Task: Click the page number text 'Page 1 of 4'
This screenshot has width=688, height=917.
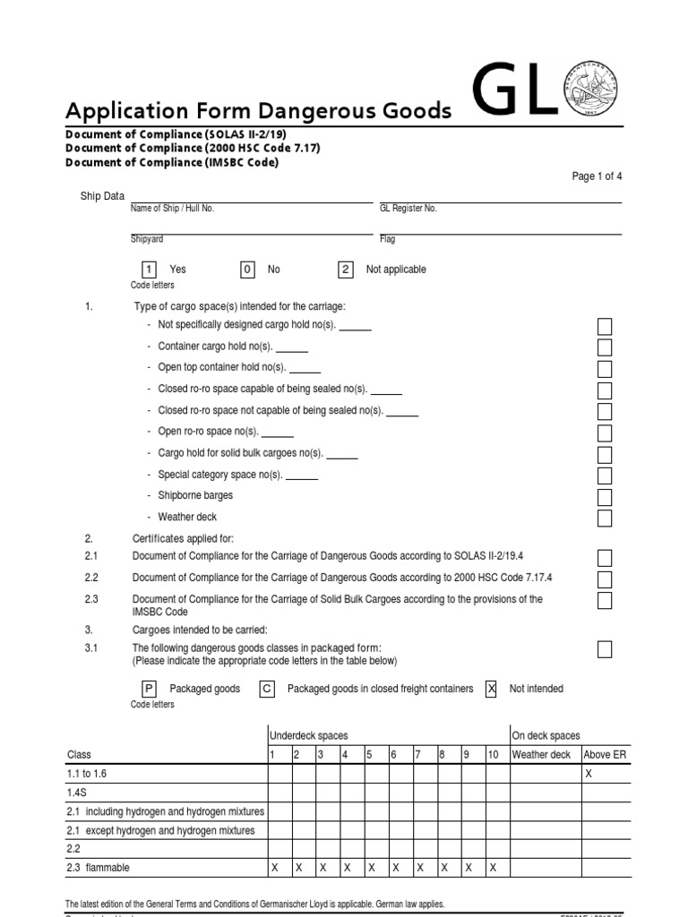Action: (x=597, y=176)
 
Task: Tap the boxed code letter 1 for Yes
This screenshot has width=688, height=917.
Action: (x=149, y=270)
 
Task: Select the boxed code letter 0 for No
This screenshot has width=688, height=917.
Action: (x=247, y=270)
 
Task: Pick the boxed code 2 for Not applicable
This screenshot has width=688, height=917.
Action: (x=346, y=270)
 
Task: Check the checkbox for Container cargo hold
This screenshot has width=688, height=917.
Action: (x=605, y=347)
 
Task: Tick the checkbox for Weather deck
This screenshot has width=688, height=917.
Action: (x=605, y=518)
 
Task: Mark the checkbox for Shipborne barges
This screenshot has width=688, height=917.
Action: (x=605, y=497)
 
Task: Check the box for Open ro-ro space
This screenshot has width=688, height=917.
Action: (x=605, y=433)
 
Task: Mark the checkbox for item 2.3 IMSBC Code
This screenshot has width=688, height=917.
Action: (x=605, y=600)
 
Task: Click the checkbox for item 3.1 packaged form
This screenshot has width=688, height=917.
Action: (x=605, y=649)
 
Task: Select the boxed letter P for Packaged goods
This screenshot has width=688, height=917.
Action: (x=149, y=689)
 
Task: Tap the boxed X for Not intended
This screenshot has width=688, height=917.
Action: (x=491, y=689)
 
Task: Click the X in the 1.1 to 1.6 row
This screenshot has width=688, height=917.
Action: (x=589, y=773)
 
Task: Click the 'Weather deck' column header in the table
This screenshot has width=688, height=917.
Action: (x=541, y=754)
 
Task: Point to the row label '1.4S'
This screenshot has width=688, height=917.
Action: (x=77, y=792)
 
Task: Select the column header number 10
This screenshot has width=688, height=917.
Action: (x=493, y=754)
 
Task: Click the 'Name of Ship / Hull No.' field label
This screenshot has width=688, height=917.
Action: (x=173, y=208)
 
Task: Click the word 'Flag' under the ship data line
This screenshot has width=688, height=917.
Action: (x=387, y=239)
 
